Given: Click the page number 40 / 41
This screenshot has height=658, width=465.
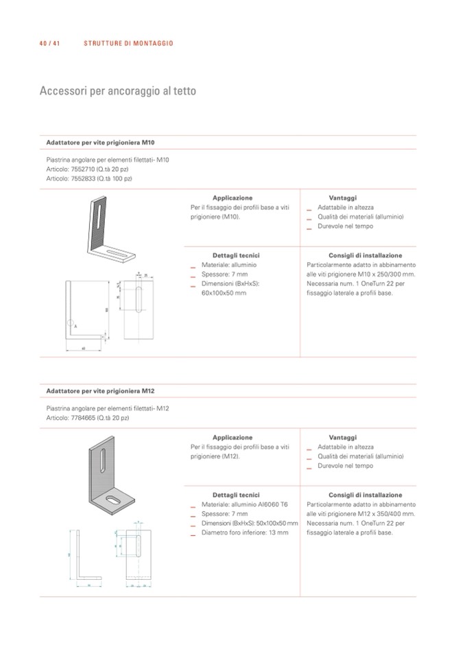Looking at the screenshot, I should (50, 43).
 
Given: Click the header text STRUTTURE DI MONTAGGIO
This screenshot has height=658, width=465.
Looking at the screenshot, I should (128, 43).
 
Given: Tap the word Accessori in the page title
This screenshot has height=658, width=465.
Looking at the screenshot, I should (62, 91).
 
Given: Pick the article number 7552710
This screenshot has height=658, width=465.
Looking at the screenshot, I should (84, 169).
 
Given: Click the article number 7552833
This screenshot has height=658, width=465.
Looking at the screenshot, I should (84, 178).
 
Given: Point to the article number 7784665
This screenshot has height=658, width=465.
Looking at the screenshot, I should (84, 418).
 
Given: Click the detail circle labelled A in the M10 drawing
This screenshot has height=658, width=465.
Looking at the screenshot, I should (71, 322).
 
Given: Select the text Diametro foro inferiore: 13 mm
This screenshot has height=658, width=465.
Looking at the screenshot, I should (245, 532).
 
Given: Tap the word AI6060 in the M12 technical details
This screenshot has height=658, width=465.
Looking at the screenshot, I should (265, 504).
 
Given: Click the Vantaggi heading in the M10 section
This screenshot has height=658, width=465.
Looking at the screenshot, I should (342, 198).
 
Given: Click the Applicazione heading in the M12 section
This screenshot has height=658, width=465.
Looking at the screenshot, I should (232, 437).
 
